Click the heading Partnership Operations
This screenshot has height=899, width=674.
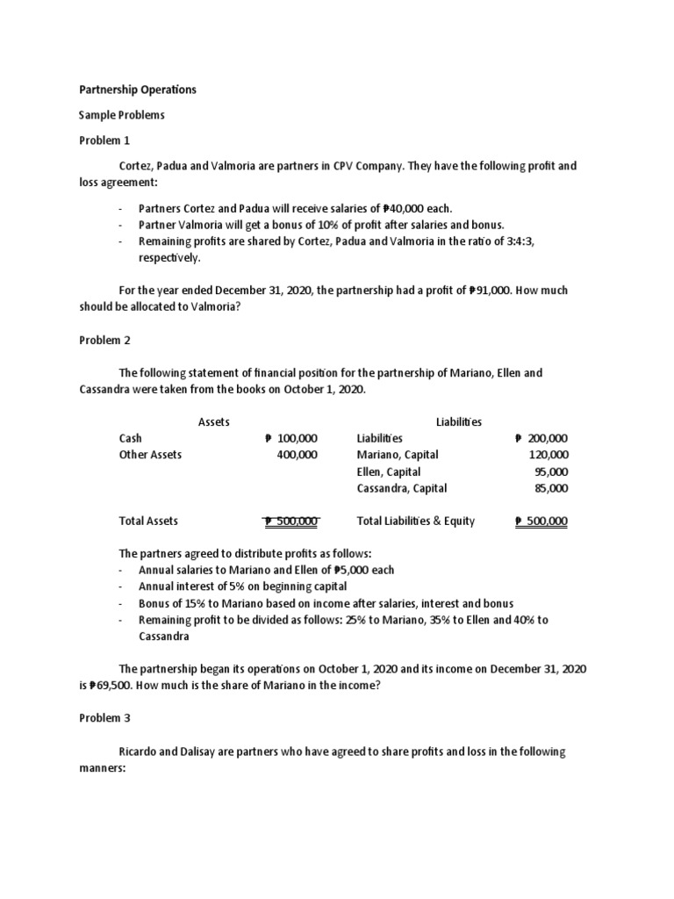(x=138, y=90)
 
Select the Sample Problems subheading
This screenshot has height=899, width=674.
(x=122, y=115)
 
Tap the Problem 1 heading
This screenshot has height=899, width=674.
(x=104, y=140)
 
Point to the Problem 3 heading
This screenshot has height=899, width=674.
(x=104, y=718)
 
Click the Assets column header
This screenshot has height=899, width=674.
(x=213, y=422)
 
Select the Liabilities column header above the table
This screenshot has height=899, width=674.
(x=458, y=422)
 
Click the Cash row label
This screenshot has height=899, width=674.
(x=130, y=438)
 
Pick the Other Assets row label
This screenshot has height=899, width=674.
(x=150, y=455)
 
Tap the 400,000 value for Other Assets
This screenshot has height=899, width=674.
(x=297, y=455)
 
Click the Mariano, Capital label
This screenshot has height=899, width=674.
(x=398, y=455)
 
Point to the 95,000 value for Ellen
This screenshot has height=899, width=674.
(x=552, y=471)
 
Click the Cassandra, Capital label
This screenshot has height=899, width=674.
(x=402, y=488)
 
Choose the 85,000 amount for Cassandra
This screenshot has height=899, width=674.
(x=552, y=488)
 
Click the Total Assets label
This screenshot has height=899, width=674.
(x=148, y=521)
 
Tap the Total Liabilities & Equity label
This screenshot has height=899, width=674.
(x=416, y=521)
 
